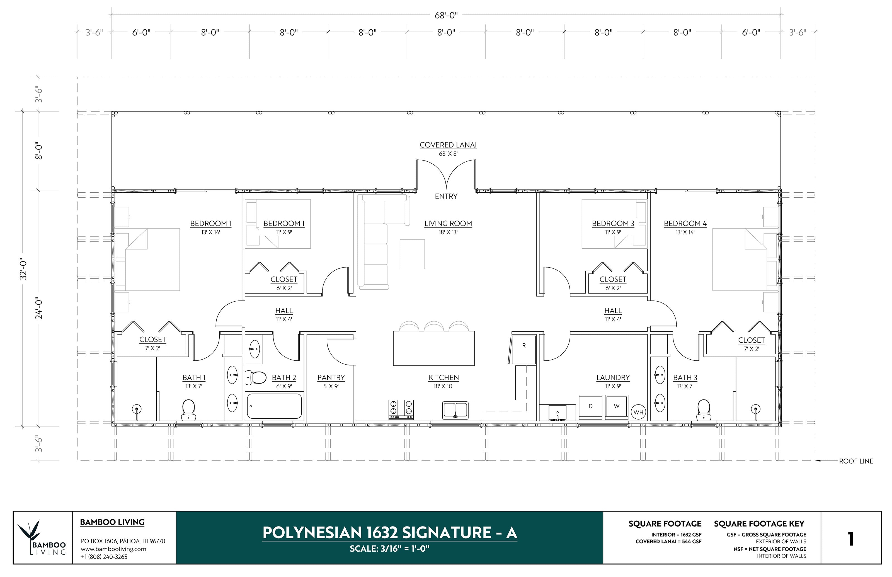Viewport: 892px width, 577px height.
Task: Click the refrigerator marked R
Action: pos(524,349)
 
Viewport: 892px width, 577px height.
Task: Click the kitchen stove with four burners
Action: pos(401,409)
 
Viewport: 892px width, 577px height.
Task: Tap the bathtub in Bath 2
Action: pos(275,406)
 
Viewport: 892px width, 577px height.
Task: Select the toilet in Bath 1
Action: pos(188,409)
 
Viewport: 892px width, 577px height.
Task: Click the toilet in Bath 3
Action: pos(704,409)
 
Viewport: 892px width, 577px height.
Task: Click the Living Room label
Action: pos(448,224)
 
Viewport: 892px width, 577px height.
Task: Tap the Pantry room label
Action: pos(331,378)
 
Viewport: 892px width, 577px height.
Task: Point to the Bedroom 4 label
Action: pos(685,224)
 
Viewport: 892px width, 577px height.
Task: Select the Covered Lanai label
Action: pos(448,145)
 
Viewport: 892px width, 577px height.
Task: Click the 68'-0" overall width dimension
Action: pos(446,15)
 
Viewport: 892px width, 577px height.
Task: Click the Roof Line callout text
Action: pos(856,461)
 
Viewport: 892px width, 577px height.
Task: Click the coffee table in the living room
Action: pos(412,254)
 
